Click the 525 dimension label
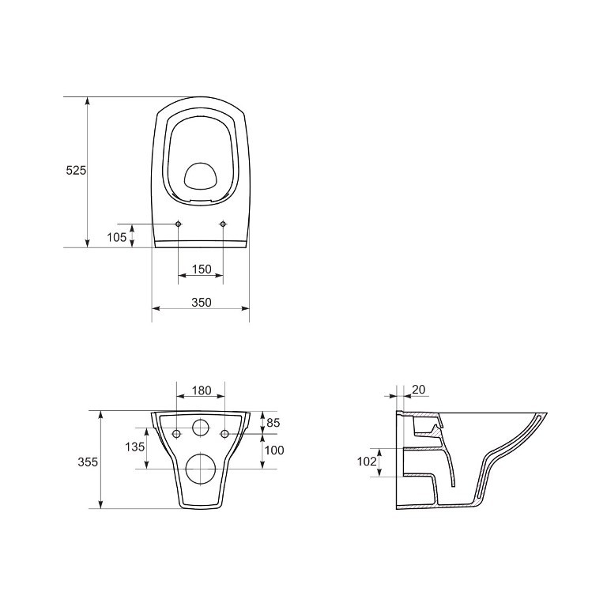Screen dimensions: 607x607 [76, 171]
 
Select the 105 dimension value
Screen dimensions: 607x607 [116, 237]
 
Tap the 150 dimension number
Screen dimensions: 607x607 [202, 269]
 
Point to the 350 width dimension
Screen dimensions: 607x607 [202, 302]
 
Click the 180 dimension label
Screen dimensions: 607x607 [202, 390]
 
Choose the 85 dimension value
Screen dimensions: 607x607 [273, 423]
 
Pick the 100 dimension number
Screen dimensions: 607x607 [274, 451]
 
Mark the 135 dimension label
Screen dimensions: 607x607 [134, 447]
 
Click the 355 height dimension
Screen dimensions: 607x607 [88, 462]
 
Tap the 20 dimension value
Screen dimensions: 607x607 [419, 389]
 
